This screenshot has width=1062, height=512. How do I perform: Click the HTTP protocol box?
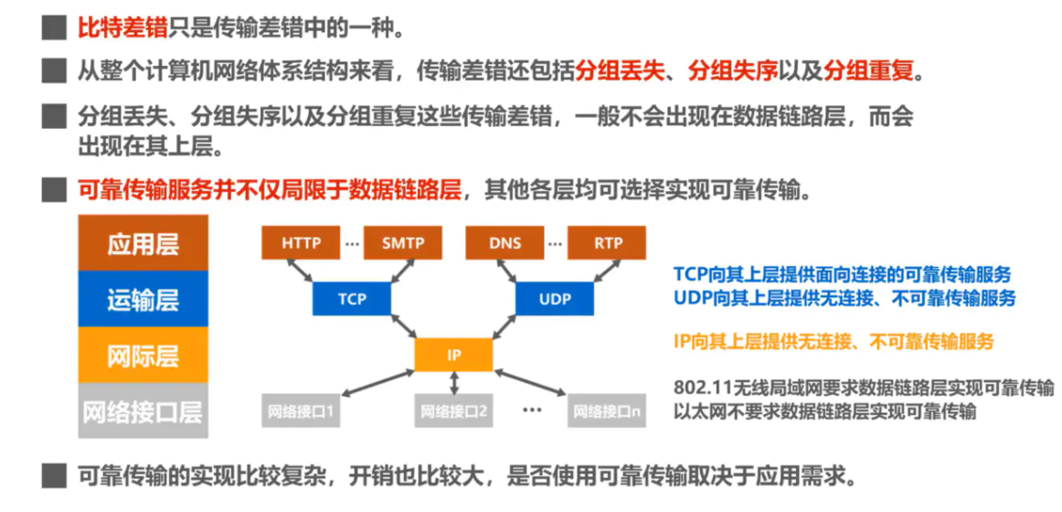(x=301, y=243)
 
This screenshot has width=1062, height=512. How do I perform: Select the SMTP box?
(x=403, y=243)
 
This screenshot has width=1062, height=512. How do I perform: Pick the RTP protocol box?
(x=608, y=243)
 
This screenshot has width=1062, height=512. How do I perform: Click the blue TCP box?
(x=352, y=299)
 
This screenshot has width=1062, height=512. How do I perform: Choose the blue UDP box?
(x=555, y=299)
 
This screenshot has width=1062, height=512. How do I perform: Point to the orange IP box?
(x=453, y=355)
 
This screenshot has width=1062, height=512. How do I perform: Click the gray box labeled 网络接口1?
(x=300, y=411)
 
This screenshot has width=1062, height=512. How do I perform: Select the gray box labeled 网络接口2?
(x=453, y=411)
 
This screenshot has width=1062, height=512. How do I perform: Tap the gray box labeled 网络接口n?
(x=607, y=411)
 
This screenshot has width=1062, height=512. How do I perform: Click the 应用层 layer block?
(x=143, y=243)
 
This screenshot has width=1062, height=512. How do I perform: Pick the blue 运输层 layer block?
(x=143, y=299)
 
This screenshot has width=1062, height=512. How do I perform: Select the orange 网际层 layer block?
(x=143, y=355)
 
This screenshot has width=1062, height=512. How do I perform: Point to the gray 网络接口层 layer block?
(x=143, y=411)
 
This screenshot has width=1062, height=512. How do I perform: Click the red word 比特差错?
(x=122, y=28)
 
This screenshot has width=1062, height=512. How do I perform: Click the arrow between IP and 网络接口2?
(x=453, y=384)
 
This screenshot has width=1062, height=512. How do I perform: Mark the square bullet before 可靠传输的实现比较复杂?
(x=54, y=475)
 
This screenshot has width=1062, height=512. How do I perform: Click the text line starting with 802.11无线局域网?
(x=863, y=388)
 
